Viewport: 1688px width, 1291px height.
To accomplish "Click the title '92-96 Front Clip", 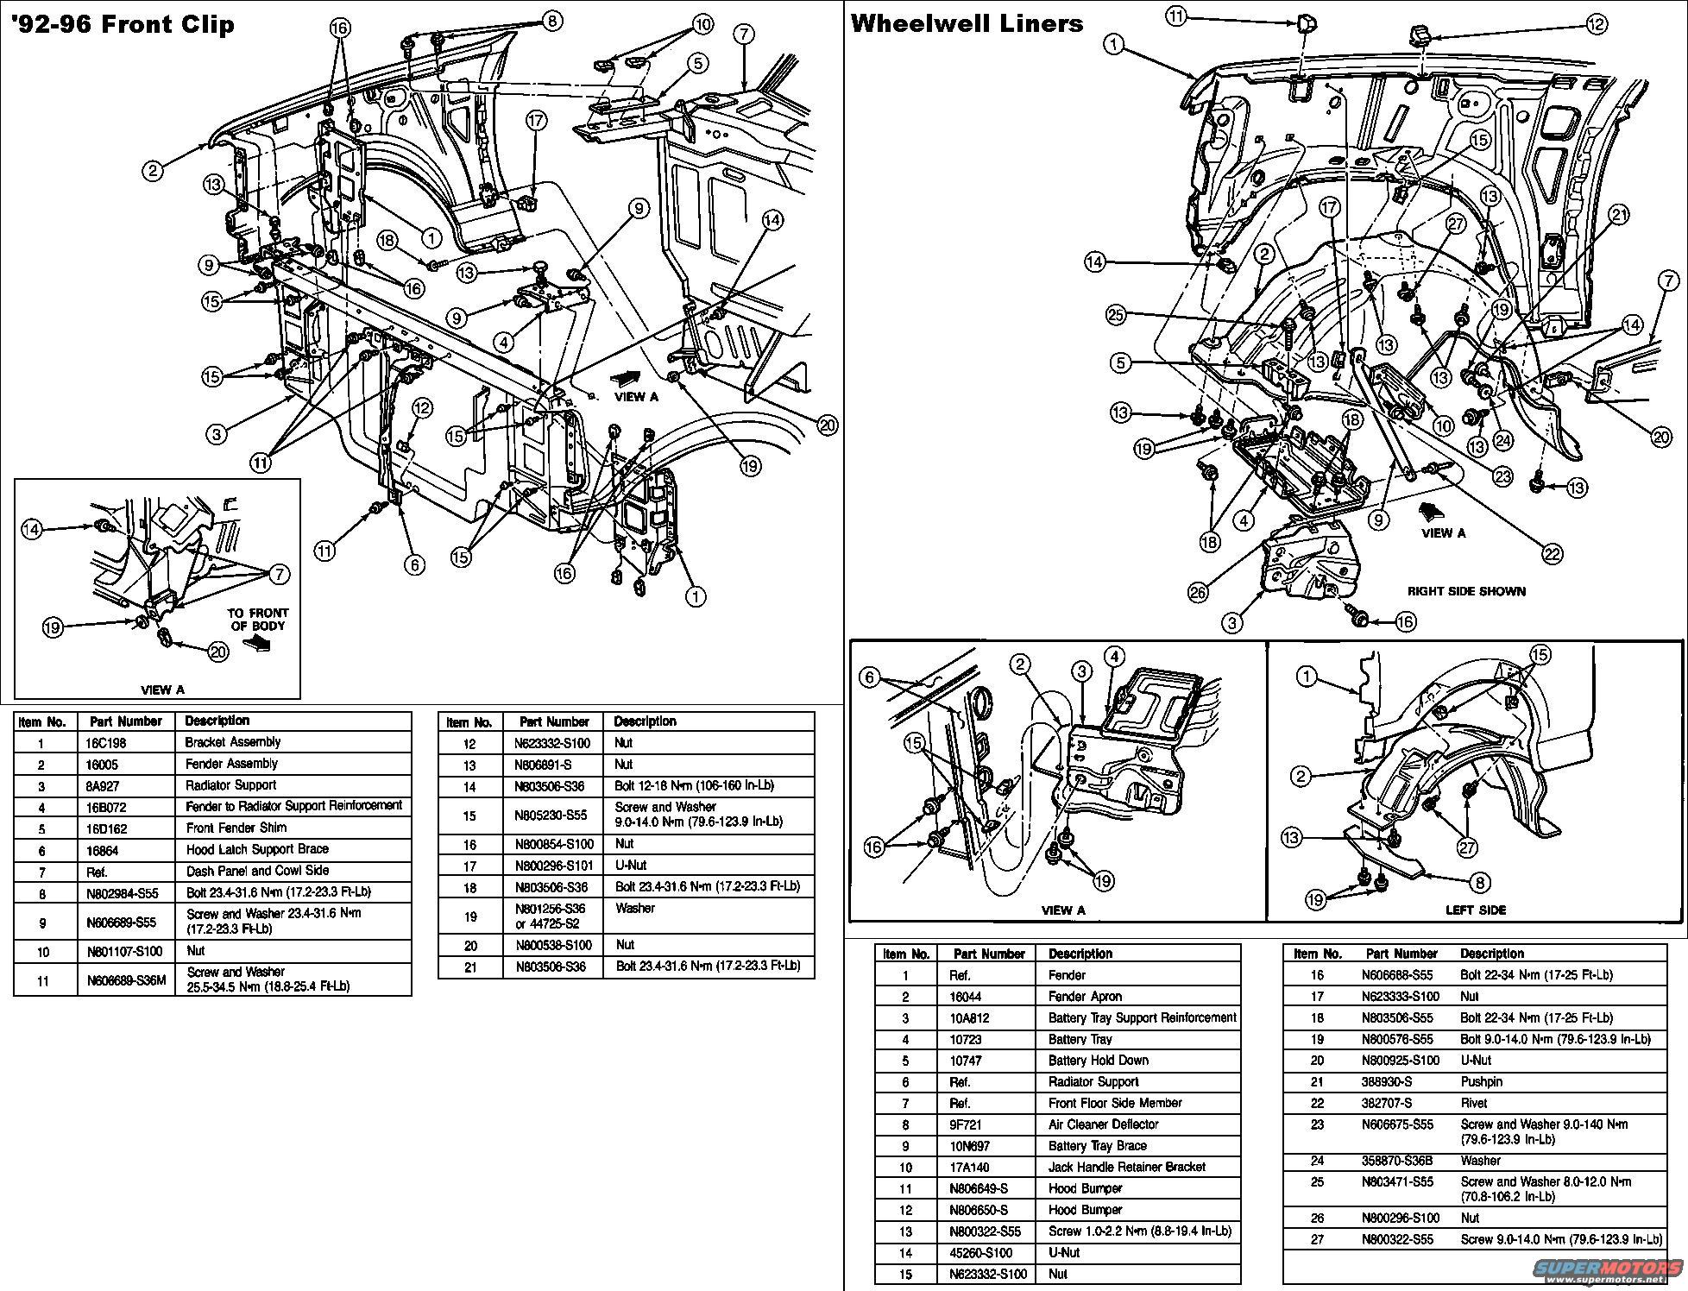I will click(123, 23).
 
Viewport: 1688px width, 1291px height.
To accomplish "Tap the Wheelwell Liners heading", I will click(967, 23).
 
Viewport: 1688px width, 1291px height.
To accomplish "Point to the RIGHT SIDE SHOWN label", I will click(1466, 591).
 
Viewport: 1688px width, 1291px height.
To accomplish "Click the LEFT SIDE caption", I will click(1476, 910).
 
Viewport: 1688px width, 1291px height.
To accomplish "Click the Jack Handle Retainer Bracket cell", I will click(1126, 1167).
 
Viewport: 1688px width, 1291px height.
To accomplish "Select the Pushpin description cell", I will click(1481, 1081).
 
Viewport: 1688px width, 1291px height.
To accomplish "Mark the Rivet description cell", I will click(1474, 1103).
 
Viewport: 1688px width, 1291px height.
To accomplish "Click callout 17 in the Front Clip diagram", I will click(536, 120).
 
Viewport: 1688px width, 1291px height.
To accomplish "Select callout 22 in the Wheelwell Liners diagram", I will click(1552, 555).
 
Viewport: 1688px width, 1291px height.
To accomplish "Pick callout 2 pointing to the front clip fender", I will click(153, 171).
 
